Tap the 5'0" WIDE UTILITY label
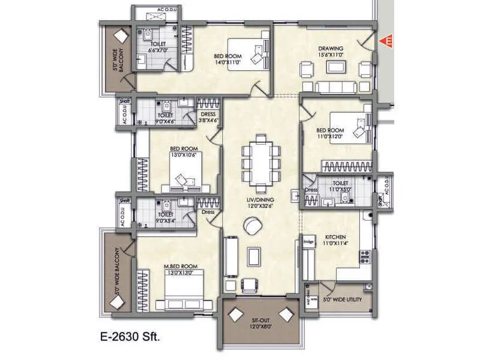coord(341,298)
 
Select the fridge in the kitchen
coord(309,242)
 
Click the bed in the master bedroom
coord(180,293)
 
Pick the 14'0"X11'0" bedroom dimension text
coord(227,62)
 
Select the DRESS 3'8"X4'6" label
coord(208,117)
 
